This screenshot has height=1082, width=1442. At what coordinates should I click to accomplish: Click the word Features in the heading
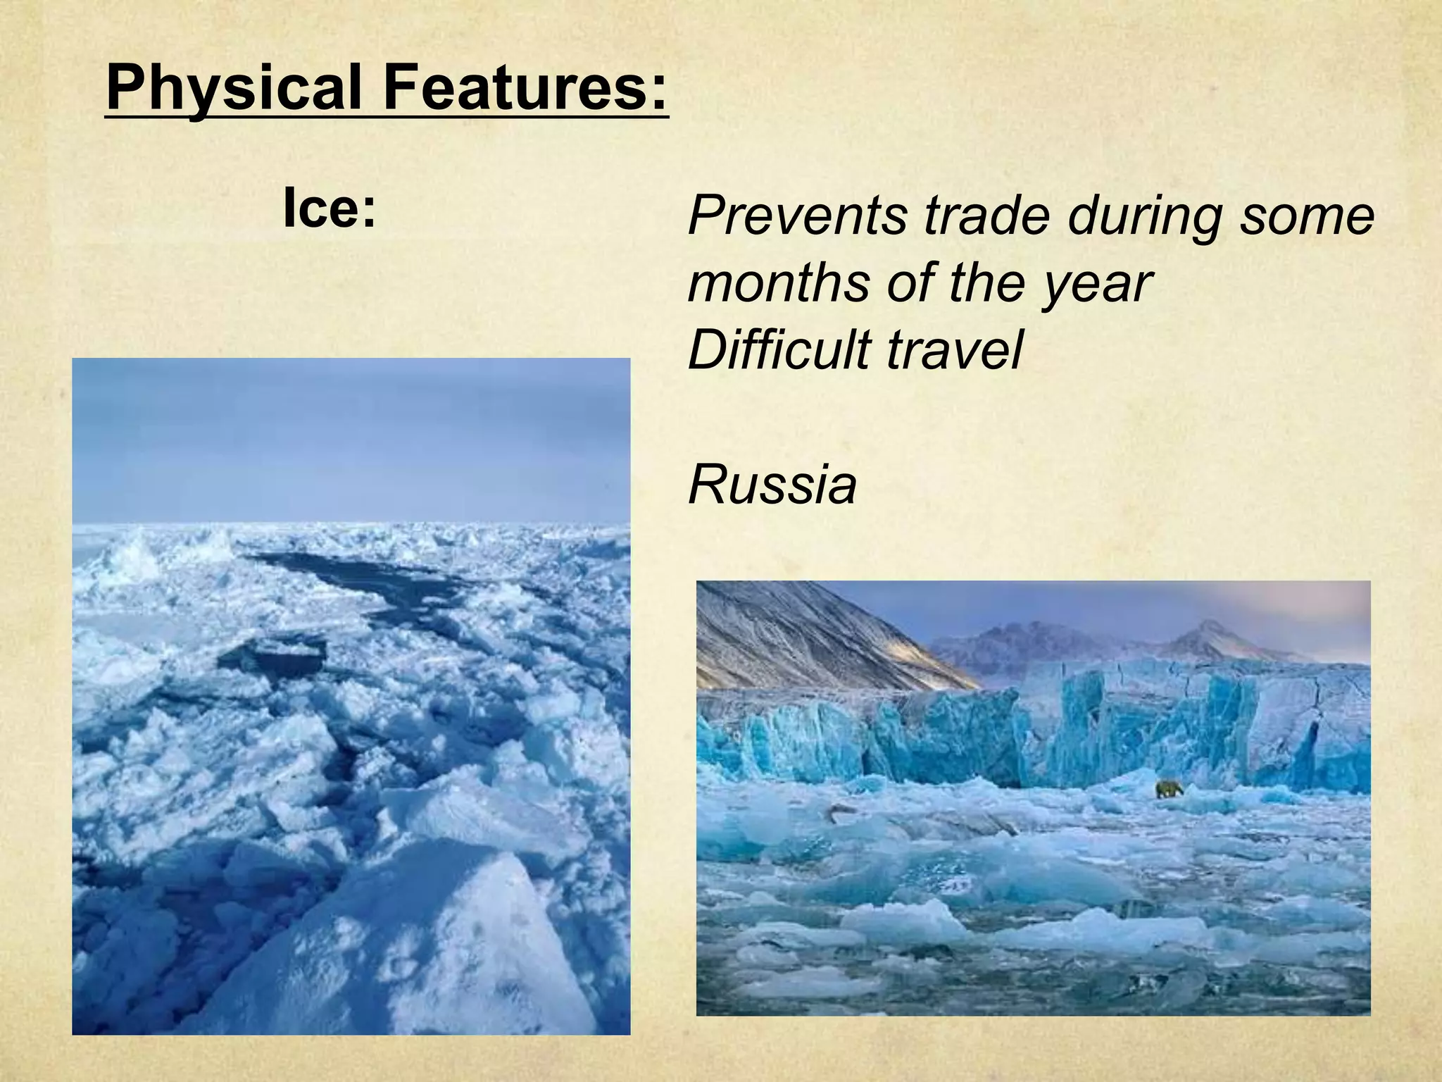point(515,87)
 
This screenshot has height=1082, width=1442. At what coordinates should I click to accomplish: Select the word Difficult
point(778,349)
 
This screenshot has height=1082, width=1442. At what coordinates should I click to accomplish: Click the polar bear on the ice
point(1169,788)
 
